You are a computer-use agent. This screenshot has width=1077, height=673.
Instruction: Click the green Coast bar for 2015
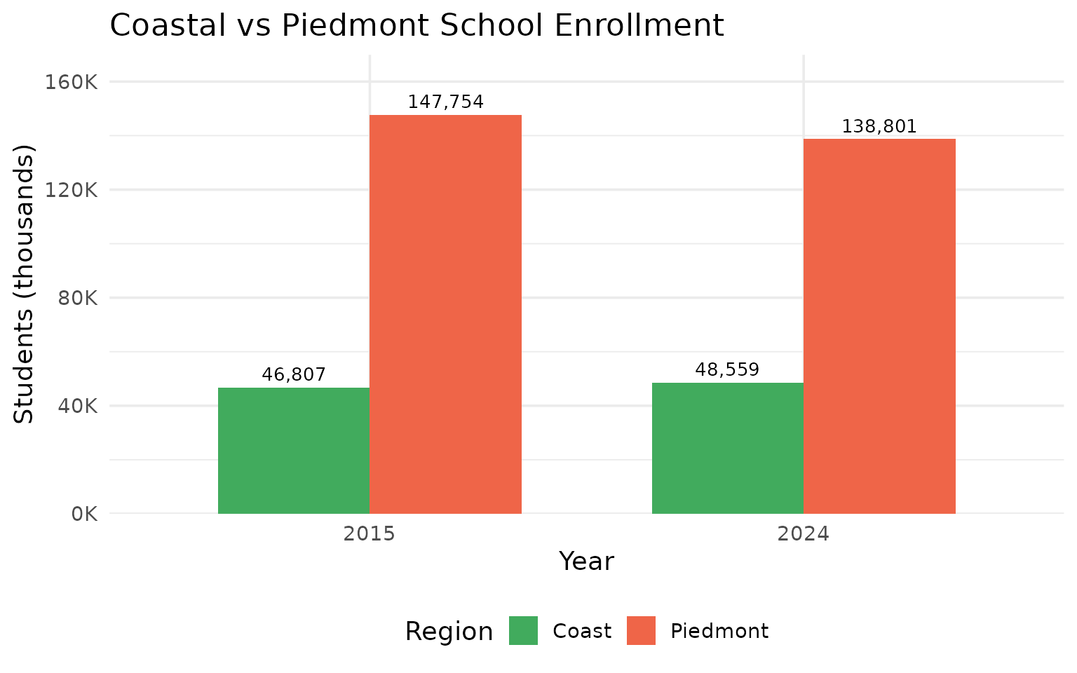tap(294, 450)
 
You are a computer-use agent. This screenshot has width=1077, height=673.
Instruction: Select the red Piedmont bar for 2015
tap(445, 314)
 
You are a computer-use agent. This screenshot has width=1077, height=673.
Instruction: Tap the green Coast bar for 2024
tap(727, 448)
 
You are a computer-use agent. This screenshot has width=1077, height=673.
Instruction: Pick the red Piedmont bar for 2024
tap(879, 326)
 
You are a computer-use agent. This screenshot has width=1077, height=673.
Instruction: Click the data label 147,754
tap(445, 102)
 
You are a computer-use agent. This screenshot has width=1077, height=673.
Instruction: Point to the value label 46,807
tap(294, 375)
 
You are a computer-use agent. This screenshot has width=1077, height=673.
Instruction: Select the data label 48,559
tap(727, 370)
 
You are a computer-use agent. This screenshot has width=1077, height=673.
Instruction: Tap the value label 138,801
tap(879, 127)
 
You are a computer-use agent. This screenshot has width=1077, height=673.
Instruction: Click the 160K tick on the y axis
tap(74, 82)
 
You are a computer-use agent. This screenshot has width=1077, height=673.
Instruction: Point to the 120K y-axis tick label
tap(74, 190)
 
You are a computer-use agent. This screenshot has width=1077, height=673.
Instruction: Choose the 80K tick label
tap(78, 298)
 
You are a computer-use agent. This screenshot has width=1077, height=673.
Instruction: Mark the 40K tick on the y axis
tap(78, 406)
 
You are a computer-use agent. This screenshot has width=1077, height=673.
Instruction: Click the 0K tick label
tap(83, 514)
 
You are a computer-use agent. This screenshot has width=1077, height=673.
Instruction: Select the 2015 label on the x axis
tap(370, 535)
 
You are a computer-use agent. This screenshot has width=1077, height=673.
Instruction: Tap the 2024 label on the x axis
tap(803, 535)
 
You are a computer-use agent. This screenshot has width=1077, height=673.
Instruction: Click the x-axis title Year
tap(586, 562)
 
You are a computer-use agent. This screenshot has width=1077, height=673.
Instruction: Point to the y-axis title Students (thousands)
tap(25, 284)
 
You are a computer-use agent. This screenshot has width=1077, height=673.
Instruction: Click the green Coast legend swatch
tap(523, 631)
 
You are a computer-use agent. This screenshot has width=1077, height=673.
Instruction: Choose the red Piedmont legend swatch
tap(641, 631)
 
